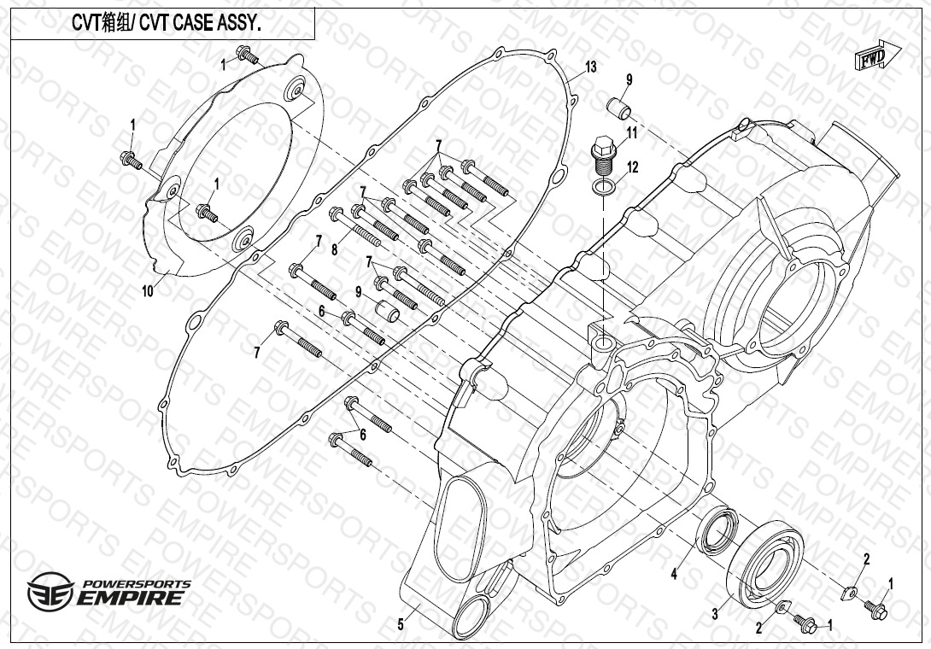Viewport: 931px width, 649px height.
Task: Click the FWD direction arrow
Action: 877,56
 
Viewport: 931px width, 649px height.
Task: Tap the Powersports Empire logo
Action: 108,590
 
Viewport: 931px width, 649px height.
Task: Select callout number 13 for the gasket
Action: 590,67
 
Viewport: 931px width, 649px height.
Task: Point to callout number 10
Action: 147,291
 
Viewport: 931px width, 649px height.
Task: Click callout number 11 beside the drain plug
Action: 632,132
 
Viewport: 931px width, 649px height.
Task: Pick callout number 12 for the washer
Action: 633,167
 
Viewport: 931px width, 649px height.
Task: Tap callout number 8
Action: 334,250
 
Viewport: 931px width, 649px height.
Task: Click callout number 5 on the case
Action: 401,624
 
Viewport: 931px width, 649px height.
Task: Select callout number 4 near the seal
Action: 674,574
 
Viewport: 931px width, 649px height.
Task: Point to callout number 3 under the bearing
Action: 715,614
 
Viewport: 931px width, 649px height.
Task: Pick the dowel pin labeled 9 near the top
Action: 618,108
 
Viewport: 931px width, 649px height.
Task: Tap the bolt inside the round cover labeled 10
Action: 207,213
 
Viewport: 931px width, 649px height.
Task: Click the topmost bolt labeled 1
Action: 248,55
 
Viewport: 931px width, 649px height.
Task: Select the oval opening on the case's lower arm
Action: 465,529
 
